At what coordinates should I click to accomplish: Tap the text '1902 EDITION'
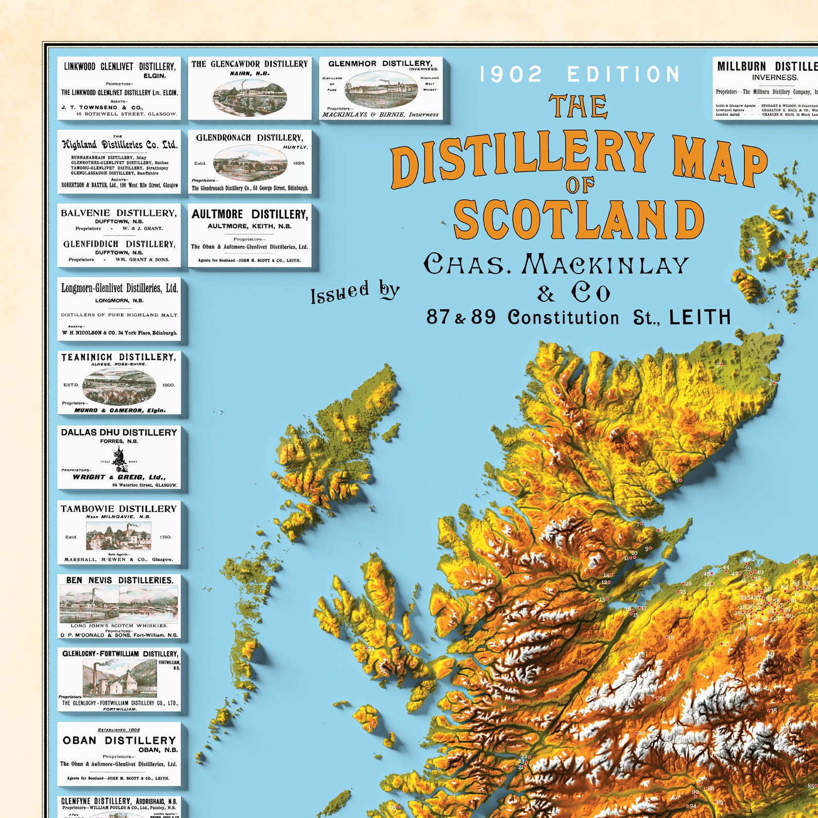(x=580, y=75)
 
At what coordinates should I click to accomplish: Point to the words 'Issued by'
(x=355, y=292)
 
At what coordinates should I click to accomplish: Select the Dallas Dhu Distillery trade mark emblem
(x=120, y=459)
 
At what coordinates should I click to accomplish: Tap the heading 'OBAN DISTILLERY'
(x=119, y=740)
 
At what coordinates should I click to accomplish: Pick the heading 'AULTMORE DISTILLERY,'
(x=250, y=214)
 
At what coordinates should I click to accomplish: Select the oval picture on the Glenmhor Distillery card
(x=381, y=89)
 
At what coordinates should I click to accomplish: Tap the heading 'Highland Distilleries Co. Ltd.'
(x=120, y=145)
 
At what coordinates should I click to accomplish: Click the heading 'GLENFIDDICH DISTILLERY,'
(x=119, y=244)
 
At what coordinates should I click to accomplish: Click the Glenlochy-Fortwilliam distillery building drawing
(x=120, y=679)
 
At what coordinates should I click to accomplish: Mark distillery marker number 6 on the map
(x=679, y=481)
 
